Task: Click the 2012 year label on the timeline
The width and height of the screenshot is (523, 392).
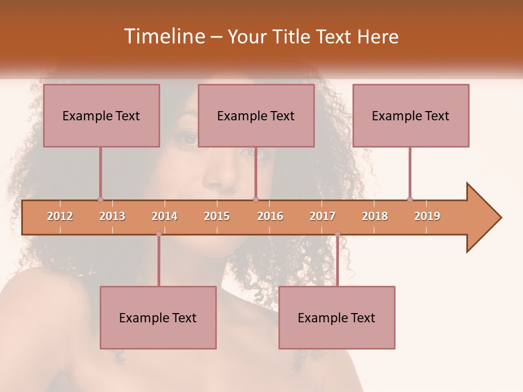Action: coord(60,216)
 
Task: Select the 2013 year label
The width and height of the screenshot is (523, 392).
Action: coord(112,216)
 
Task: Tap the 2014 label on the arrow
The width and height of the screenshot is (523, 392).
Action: coord(165,216)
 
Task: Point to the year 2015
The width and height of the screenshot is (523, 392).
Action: coord(217,216)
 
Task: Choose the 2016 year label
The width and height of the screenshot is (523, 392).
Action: coord(270,216)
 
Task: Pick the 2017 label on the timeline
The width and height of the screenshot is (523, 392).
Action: coord(323,216)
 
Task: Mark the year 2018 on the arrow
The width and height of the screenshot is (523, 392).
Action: coord(375,216)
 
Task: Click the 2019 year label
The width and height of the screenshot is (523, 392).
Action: coord(427,216)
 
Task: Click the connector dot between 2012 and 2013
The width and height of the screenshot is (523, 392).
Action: coord(100,199)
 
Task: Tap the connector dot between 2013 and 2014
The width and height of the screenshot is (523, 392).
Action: coord(159,234)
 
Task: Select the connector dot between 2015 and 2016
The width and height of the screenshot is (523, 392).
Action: coord(256,199)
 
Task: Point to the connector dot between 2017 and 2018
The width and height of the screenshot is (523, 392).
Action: coord(337,234)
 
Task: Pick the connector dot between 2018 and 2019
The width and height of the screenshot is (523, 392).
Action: coord(410,199)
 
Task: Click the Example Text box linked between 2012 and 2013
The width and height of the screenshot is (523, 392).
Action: coord(101,115)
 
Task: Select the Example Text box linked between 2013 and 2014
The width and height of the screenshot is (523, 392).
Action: coord(158,317)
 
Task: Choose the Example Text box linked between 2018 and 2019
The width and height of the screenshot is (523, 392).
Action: coord(411,115)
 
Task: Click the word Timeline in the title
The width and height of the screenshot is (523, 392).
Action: coord(163,36)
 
